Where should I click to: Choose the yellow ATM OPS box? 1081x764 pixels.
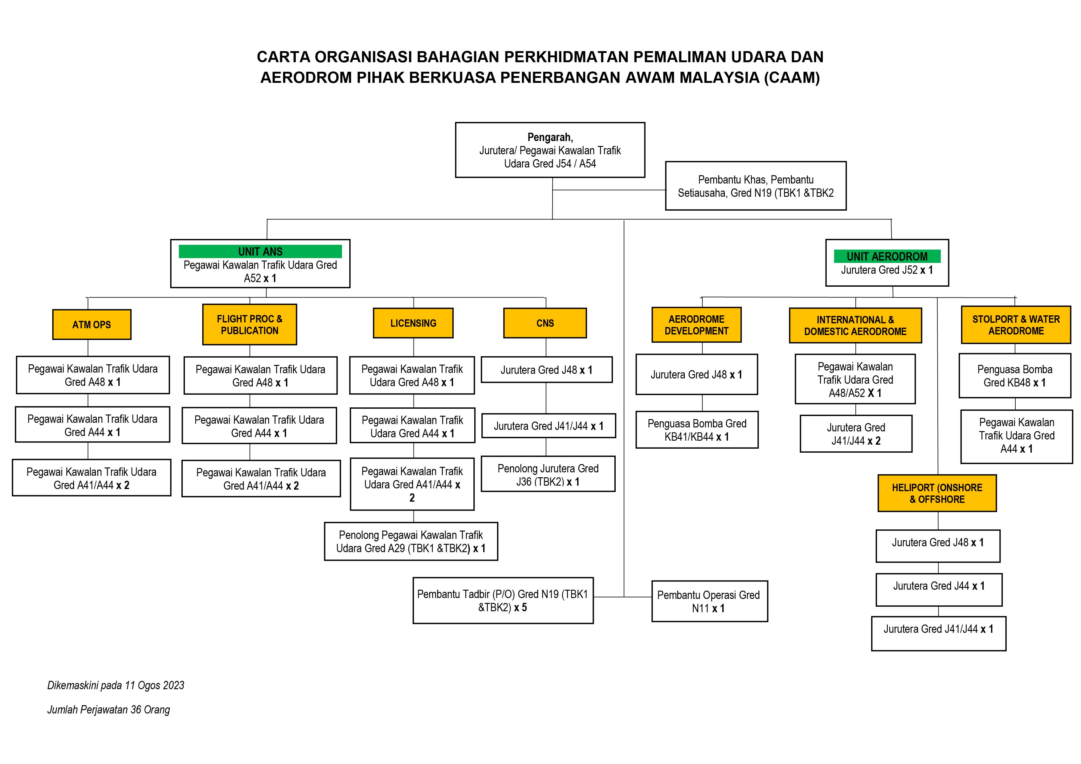(x=92, y=325)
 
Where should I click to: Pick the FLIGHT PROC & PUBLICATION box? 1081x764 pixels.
(x=250, y=325)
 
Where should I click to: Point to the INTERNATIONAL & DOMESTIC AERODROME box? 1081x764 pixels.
(x=855, y=325)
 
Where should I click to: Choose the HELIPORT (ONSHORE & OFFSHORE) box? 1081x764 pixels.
(x=937, y=493)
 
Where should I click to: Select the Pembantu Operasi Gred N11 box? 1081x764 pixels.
(x=709, y=601)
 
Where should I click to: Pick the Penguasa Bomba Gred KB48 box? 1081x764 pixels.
(x=1015, y=376)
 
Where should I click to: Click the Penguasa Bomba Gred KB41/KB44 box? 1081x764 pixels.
(x=697, y=430)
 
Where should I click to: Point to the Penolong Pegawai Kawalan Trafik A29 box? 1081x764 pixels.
(x=410, y=541)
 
